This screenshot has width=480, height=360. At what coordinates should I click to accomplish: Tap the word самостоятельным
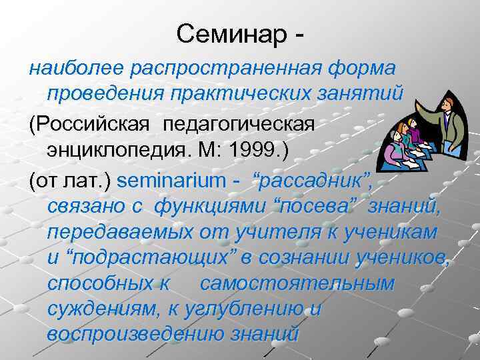coord(297,283)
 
